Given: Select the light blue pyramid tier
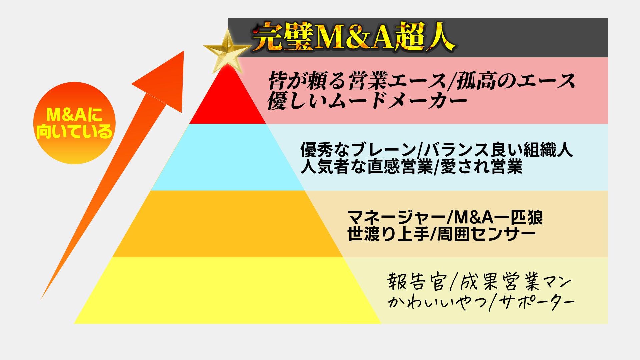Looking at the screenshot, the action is pos(228,157).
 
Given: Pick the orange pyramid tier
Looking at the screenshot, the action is pos(228,224).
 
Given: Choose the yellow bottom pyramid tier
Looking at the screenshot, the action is pos(228,291).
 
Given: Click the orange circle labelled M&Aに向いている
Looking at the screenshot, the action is pos(74,123).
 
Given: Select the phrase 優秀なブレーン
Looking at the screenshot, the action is pos(358,150).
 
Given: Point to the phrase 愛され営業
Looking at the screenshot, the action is pos(481,166).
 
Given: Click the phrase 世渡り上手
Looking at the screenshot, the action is pos(388,234).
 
